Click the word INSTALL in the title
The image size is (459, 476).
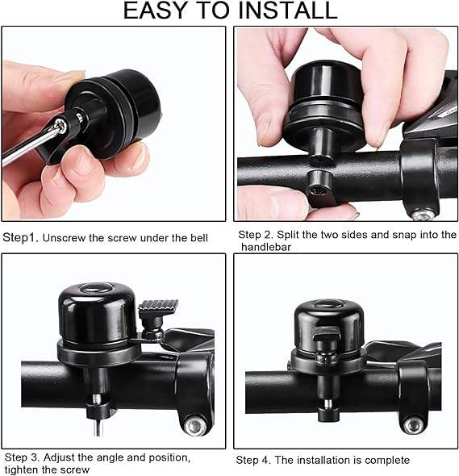pyautogui.click(x=287, y=10)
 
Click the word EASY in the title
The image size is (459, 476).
pyautogui.click(x=154, y=10)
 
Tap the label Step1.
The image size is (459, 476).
pyautogui.click(x=21, y=238)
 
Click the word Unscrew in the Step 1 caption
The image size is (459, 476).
pyautogui.click(x=64, y=238)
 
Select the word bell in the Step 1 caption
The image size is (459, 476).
pyautogui.click(x=199, y=238)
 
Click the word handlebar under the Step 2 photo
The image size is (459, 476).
pyautogui.click(x=266, y=247)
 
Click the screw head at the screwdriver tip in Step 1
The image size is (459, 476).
pyautogui.click(x=61, y=125)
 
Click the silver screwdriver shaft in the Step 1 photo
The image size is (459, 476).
pyautogui.click(x=29, y=147)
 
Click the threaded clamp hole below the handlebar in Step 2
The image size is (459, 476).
pyautogui.click(x=318, y=190)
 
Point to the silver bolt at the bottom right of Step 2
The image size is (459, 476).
pyautogui.click(x=423, y=215)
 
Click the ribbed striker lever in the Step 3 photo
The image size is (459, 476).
pyautogui.click(x=158, y=307)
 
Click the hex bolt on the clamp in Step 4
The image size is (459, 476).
pyautogui.click(x=415, y=424)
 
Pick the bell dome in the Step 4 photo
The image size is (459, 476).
pyautogui.click(x=329, y=325)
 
